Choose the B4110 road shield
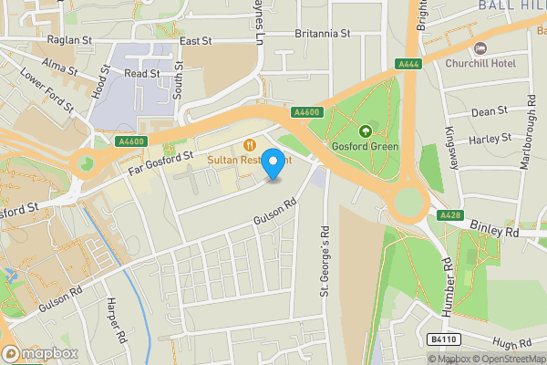(x=443, y=339)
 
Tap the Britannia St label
(x=323, y=33)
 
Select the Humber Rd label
(x=448, y=288)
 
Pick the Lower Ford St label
(x=46, y=91)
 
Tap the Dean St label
(x=490, y=111)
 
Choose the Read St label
(x=142, y=73)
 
